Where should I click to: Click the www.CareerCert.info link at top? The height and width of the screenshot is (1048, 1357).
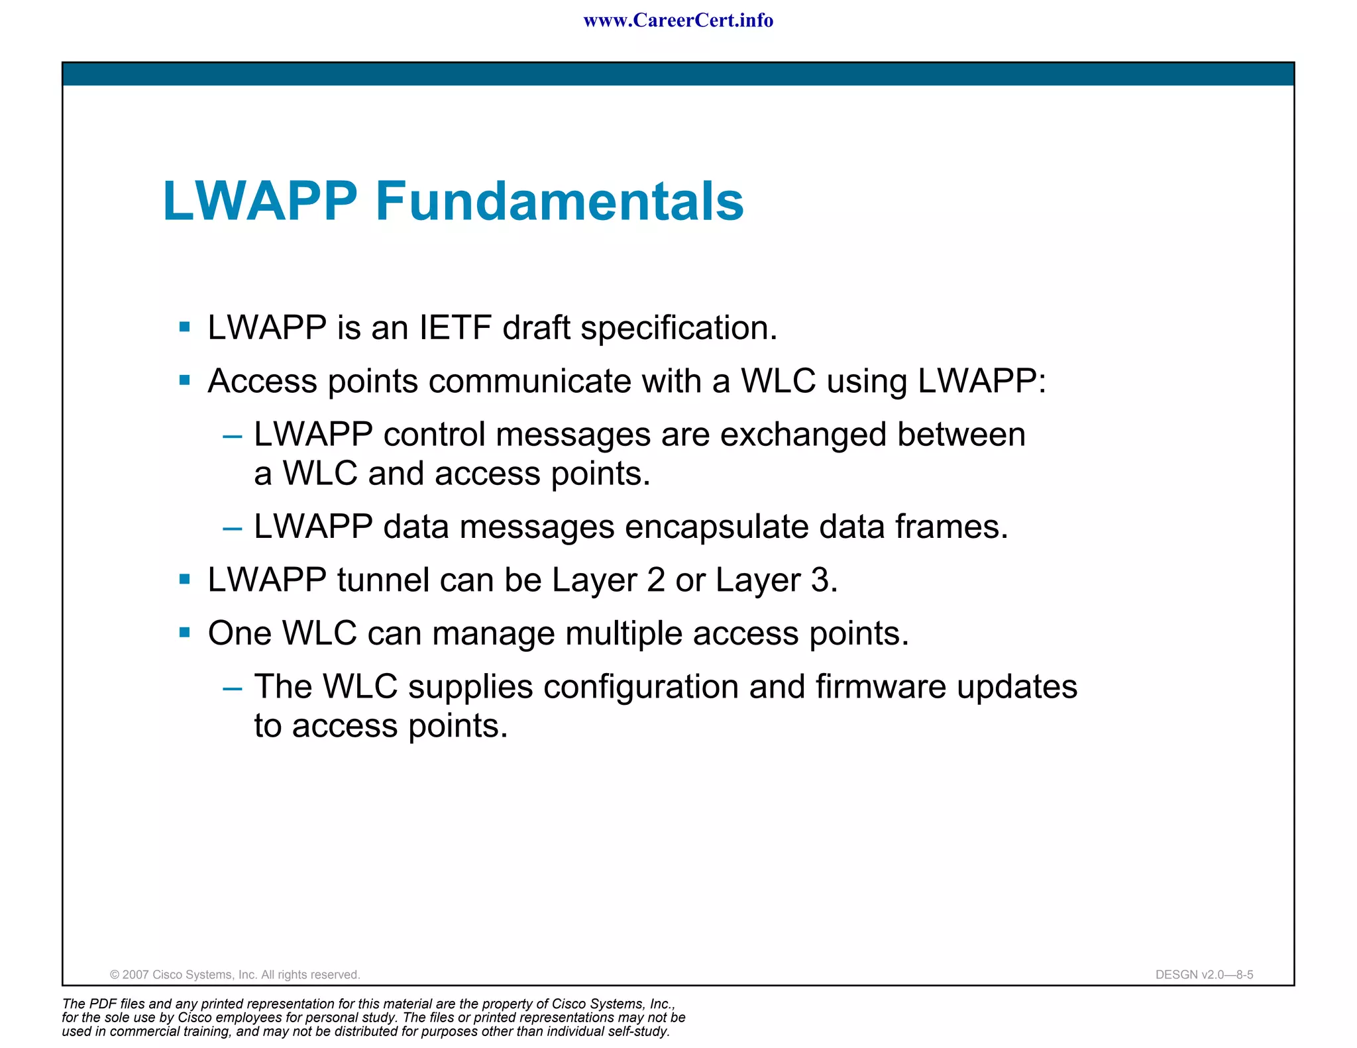tap(678, 21)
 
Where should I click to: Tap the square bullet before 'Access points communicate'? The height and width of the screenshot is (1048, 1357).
tap(185, 380)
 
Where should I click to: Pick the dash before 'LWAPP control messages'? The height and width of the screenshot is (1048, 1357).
tap(232, 437)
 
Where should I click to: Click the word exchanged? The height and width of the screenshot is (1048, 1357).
tap(803, 435)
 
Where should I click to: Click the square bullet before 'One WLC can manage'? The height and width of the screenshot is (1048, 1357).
tap(185, 633)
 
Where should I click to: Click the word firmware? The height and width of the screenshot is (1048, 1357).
tap(881, 687)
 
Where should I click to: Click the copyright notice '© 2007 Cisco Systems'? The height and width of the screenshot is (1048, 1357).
tap(235, 974)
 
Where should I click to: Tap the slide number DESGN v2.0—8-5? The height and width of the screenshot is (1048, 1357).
tap(1204, 974)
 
